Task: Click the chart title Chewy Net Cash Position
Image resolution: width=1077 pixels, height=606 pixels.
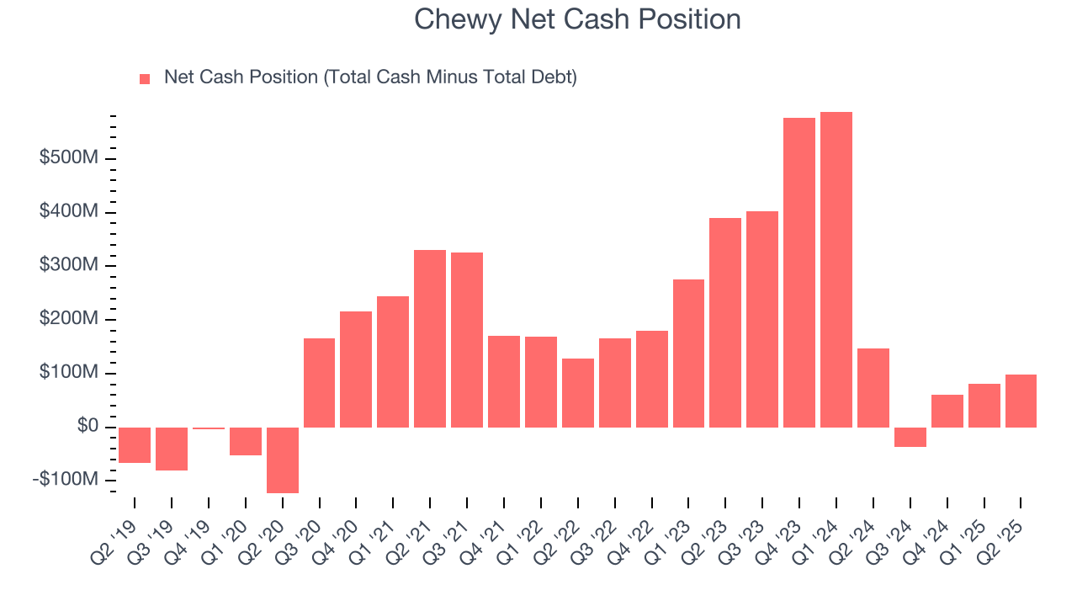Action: point(577,19)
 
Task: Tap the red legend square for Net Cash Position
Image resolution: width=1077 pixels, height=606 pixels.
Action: point(145,78)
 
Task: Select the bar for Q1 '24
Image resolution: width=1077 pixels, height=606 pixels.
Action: point(836,269)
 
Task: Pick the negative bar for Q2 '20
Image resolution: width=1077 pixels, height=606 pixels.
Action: point(283,460)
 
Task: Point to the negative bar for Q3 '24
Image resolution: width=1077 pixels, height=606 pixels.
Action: point(910,437)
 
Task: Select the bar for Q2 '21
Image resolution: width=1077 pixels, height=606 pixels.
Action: point(430,338)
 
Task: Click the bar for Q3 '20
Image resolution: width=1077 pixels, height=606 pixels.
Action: point(319,382)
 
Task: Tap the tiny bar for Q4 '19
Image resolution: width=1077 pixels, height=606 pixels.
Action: point(209,428)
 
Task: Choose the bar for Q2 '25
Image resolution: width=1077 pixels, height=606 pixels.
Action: point(1021,401)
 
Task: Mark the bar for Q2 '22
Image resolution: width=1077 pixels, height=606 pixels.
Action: point(578,392)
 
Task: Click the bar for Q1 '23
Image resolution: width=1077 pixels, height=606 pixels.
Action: point(688,353)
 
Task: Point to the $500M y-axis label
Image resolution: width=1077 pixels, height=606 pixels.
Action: point(69,158)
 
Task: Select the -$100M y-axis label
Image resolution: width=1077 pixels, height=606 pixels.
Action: point(66,480)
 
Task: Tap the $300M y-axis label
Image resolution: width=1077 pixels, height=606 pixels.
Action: point(69,266)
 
